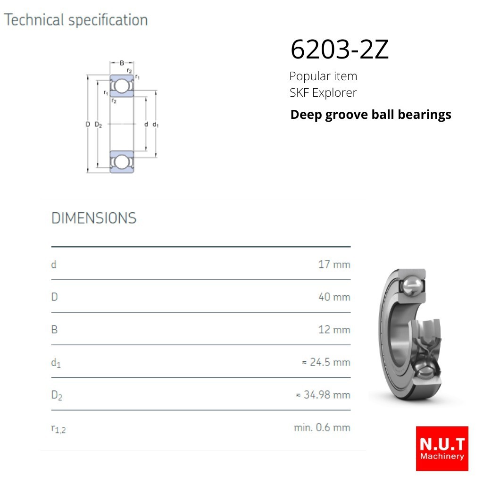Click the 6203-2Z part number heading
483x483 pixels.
(x=340, y=49)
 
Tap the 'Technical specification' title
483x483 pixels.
(x=76, y=20)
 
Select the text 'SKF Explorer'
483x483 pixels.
(x=323, y=92)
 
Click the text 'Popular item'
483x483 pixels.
(x=323, y=76)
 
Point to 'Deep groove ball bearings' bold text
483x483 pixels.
(x=371, y=115)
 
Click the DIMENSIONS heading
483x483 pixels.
(x=94, y=218)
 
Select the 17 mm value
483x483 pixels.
(x=334, y=264)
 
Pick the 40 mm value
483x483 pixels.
(x=334, y=297)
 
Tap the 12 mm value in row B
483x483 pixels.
(x=334, y=330)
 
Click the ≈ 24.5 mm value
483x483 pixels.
(x=326, y=362)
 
